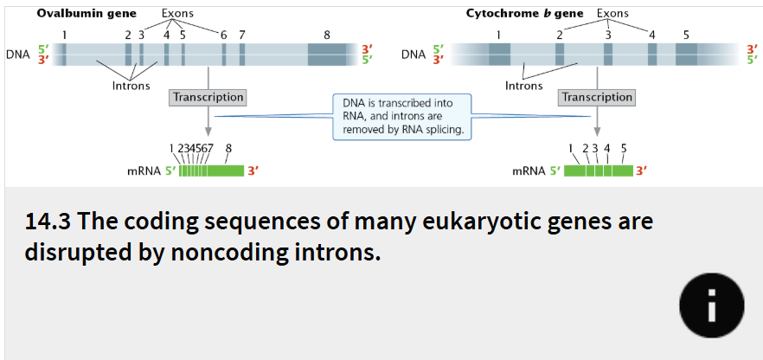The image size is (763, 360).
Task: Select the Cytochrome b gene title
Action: [x=524, y=13]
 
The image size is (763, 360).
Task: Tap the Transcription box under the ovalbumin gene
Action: [x=208, y=98]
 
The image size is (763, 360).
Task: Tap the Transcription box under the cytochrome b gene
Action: [x=597, y=98]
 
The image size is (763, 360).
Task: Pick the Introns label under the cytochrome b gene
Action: [x=523, y=86]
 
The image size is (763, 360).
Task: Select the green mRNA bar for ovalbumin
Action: [x=211, y=170]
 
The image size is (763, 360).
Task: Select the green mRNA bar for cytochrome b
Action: [x=599, y=170]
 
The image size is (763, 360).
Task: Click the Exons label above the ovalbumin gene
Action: [x=178, y=14]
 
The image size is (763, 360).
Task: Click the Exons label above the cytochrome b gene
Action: [x=612, y=13]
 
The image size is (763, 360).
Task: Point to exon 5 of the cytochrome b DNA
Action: [x=686, y=55]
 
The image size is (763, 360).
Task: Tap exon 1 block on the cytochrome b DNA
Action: [x=499, y=55]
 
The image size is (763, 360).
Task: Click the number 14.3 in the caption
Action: [x=48, y=222]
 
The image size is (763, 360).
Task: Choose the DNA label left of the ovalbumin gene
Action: [x=17, y=55]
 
